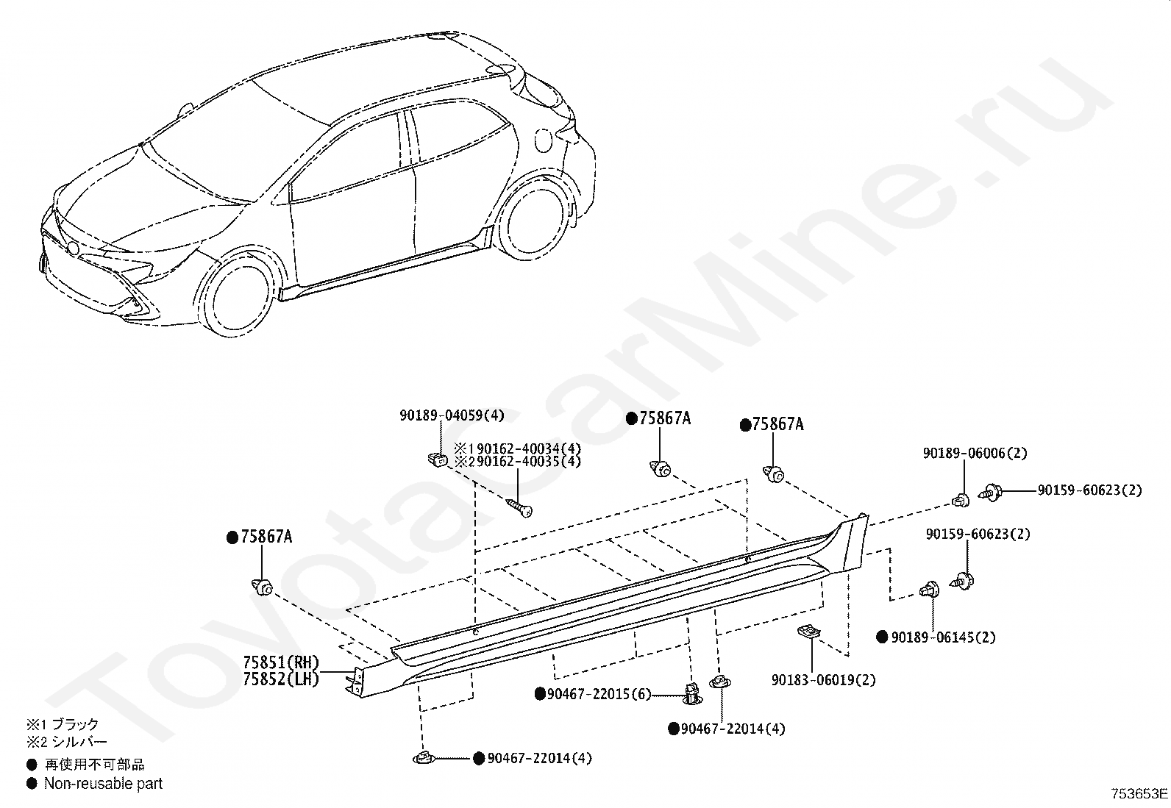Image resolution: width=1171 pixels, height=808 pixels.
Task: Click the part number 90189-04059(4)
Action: point(452,415)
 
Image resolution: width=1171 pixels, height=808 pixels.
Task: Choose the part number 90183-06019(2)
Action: point(823,680)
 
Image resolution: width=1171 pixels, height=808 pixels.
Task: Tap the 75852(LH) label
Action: point(282,679)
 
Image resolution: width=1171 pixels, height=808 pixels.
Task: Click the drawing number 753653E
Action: point(1139,794)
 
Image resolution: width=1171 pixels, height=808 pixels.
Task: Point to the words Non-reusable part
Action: point(103,784)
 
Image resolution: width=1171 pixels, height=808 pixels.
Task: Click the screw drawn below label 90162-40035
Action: point(519,507)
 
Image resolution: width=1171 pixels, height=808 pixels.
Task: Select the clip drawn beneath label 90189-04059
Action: point(437,460)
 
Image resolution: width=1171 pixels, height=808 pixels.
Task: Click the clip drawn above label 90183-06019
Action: point(808,631)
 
